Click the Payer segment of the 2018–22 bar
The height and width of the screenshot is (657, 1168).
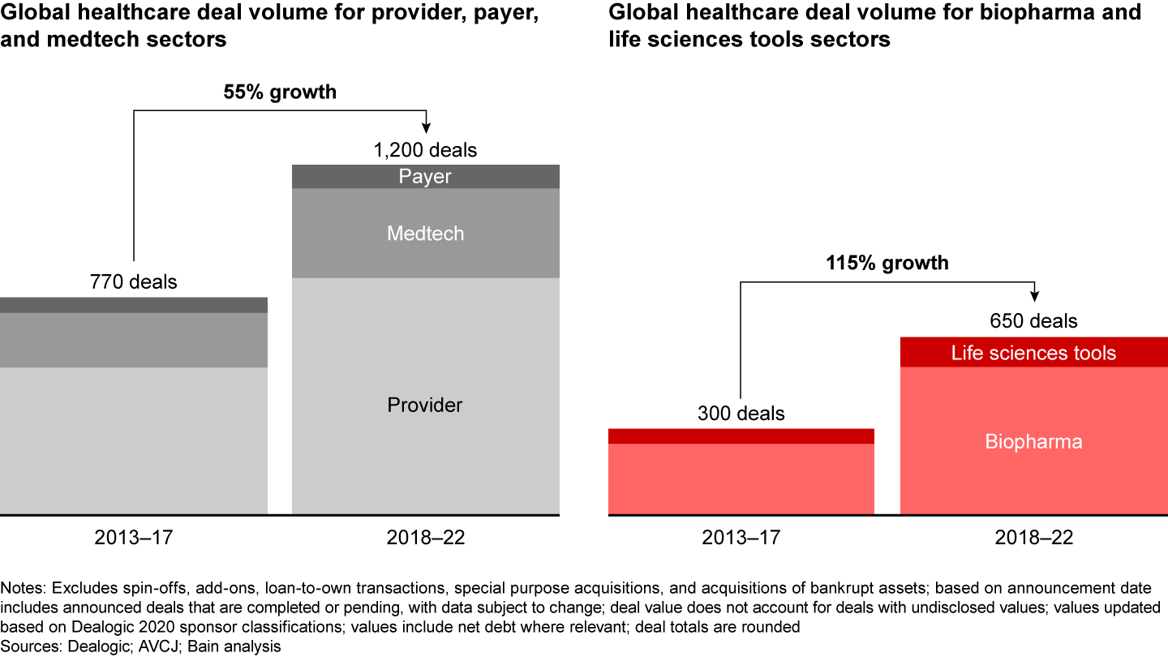pyautogui.click(x=425, y=177)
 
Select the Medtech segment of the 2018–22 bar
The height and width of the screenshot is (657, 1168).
pyautogui.click(x=425, y=234)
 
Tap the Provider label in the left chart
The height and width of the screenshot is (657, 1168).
pyautogui.click(x=425, y=405)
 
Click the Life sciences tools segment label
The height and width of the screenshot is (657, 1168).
pyautogui.click(x=1033, y=353)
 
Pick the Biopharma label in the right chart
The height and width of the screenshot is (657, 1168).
pyautogui.click(x=1033, y=442)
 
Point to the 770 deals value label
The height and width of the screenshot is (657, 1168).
pyautogui.click(x=133, y=282)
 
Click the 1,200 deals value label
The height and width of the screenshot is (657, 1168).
pyautogui.click(x=425, y=150)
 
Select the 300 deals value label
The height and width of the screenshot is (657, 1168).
pyautogui.click(x=741, y=414)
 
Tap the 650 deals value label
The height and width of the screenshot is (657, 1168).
pyautogui.click(x=1033, y=321)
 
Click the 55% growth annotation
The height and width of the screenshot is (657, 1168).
pyautogui.click(x=280, y=92)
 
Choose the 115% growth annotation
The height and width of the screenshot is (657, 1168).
pyautogui.click(x=887, y=263)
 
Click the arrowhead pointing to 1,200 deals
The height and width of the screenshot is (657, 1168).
pyautogui.click(x=426, y=127)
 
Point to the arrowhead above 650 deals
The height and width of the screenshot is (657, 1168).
pyautogui.click(x=1034, y=298)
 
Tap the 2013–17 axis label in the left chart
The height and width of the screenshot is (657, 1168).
pyautogui.click(x=133, y=538)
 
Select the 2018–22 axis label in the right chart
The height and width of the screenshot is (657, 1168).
pyautogui.click(x=1033, y=538)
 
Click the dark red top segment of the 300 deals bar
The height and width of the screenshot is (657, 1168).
pyautogui.click(x=741, y=436)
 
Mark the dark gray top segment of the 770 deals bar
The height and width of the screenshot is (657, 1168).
pyautogui.click(x=133, y=305)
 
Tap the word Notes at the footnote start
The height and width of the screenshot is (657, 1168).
pyautogui.click(x=22, y=586)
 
